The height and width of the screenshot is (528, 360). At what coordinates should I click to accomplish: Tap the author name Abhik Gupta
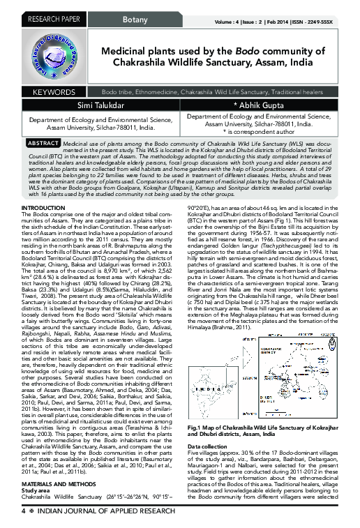[x=264, y=105]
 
